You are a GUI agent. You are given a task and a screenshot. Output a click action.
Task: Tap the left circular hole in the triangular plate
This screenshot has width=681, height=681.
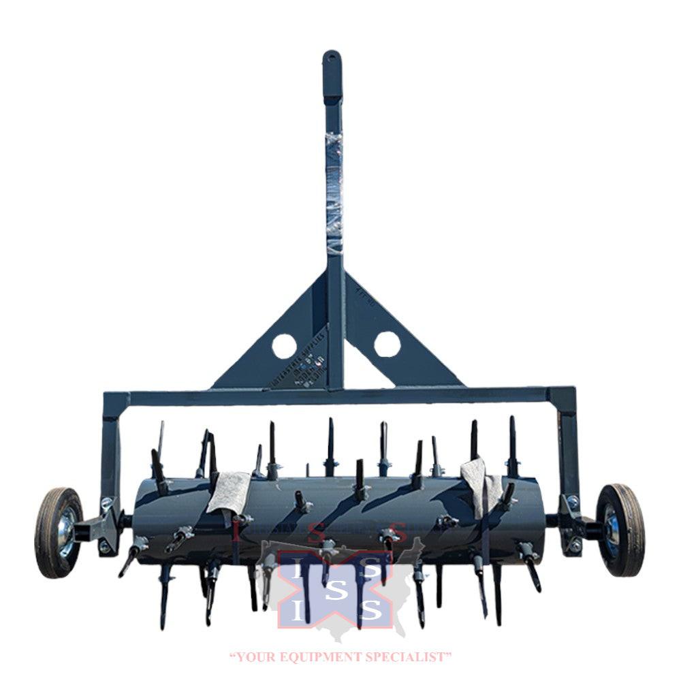(284, 346)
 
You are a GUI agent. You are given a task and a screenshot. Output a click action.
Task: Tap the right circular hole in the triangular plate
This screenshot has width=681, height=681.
(387, 344)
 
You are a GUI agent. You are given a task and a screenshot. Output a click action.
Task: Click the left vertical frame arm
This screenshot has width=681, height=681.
(110, 449)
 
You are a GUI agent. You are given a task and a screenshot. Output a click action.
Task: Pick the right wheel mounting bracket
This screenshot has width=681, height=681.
(575, 525)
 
